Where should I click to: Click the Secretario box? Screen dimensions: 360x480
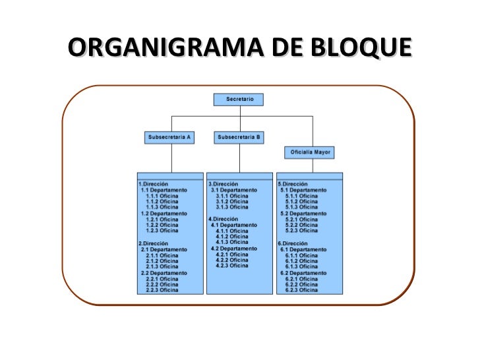click(x=239, y=99)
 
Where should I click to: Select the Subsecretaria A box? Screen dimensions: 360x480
click(x=169, y=137)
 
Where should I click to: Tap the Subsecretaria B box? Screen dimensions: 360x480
click(x=239, y=137)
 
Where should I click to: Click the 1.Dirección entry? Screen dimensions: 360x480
click(x=154, y=184)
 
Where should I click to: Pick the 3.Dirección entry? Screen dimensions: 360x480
click(x=223, y=184)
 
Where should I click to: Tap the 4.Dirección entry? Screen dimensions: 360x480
click(x=223, y=218)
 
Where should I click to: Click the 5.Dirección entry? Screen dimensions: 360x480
click(x=293, y=184)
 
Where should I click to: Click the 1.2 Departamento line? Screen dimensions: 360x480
click(x=164, y=214)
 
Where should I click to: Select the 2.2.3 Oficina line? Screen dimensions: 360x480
click(x=162, y=289)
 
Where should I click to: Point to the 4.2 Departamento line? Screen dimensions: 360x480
click(x=234, y=249)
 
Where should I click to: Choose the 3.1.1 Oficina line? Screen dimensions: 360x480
click(x=232, y=196)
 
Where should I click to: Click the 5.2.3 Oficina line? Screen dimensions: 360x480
click(x=301, y=231)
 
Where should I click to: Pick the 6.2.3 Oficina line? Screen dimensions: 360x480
click(x=301, y=289)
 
